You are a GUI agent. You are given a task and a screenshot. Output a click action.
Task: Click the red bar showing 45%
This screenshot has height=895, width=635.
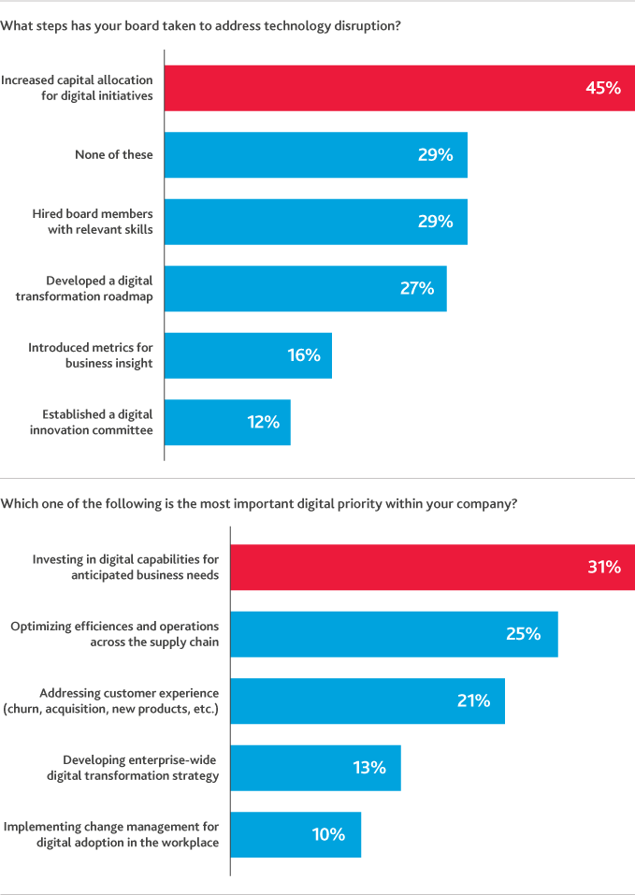tap(399, 88)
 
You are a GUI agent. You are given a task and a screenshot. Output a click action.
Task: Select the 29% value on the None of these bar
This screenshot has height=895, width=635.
tap(435, 155)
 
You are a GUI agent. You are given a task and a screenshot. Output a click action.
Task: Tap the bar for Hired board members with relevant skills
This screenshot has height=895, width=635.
tap(315, 222)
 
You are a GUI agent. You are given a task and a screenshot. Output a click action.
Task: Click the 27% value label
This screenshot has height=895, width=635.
tap(416, 289)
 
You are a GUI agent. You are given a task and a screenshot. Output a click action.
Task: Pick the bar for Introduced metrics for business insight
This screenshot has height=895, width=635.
tap(248, 355)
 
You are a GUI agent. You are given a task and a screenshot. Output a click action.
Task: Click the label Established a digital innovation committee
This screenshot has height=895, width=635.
tap(97, 423)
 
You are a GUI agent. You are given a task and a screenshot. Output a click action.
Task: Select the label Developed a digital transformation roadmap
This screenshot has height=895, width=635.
tap(99, 289)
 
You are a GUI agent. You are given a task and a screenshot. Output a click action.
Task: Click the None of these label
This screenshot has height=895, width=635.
tap(113, 155)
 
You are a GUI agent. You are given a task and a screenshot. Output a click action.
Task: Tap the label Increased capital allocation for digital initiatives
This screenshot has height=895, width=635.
tap(77, 88)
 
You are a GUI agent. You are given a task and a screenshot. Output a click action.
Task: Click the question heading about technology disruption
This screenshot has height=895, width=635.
tap(201, 26)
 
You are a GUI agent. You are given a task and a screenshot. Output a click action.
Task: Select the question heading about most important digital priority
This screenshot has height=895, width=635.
tap(259, 503)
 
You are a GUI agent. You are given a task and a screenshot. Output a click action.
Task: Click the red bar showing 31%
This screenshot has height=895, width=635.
tap(432, 567)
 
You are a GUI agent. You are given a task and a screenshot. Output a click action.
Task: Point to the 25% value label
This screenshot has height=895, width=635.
tap(523, 634)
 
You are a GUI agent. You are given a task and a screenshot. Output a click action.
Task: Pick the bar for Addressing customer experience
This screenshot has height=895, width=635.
tap(368, 701)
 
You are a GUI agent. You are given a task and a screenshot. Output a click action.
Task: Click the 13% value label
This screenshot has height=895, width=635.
tap(368, 768)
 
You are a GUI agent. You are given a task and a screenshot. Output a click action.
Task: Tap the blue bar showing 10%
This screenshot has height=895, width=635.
tap(295, 835)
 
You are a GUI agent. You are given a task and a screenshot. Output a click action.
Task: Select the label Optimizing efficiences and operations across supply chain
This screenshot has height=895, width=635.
tap(114, 634)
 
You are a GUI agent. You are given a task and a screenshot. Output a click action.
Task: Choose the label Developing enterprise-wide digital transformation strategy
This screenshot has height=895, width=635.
tap(133, 768)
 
